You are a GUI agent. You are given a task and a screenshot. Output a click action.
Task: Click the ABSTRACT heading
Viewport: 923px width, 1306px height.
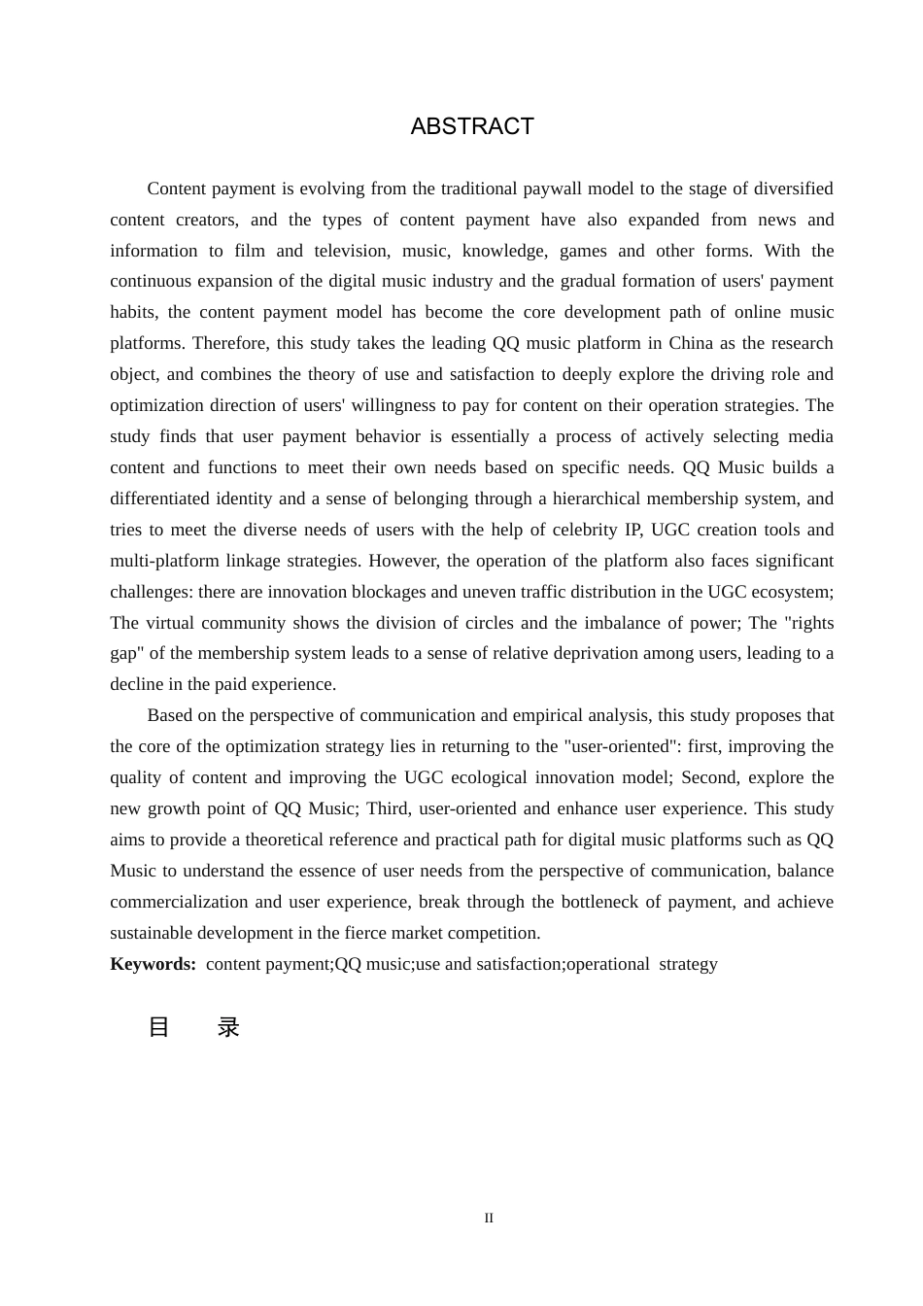coord(472,126)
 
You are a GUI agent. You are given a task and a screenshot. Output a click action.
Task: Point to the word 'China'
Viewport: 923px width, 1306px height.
coord(690,343)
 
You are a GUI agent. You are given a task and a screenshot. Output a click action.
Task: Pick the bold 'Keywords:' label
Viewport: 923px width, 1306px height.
coord(153,964)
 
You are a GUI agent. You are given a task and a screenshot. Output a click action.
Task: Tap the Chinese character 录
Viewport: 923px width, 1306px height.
coord(228,1027)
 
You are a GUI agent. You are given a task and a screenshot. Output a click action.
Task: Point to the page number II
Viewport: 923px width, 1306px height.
coord(489,1219)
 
